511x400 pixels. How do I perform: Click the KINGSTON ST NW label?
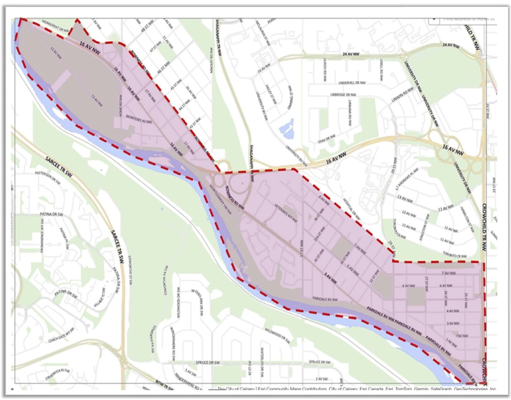427,223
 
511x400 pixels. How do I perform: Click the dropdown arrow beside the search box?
434,19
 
